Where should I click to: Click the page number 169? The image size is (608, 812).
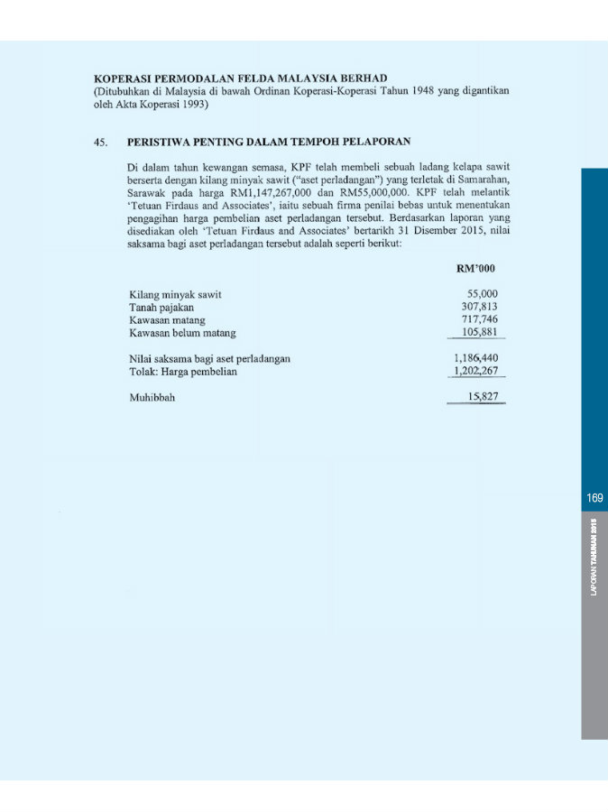pos(594,498)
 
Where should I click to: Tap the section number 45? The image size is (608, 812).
pos(101,142)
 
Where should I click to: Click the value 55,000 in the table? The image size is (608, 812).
pos(482,294)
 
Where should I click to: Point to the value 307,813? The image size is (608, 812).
pos(479,307)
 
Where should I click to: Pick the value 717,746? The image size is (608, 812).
pos(479,319)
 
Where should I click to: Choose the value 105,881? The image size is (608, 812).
pos(479,332)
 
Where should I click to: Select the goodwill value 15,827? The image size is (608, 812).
pos(483,397)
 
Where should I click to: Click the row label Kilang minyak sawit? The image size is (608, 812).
pos(176,294)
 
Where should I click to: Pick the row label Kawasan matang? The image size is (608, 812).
pos(168,319)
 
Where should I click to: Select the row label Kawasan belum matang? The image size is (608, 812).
pos(183,332)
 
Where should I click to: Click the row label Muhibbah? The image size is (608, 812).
pos(152,397)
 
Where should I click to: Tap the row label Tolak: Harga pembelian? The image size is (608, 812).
pos(183,371)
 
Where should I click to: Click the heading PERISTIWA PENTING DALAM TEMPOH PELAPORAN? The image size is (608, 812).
pos(269,142)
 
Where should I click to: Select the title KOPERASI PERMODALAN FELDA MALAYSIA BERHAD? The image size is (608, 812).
pos(241,78)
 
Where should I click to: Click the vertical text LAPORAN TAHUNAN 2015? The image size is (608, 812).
pos(594,557)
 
